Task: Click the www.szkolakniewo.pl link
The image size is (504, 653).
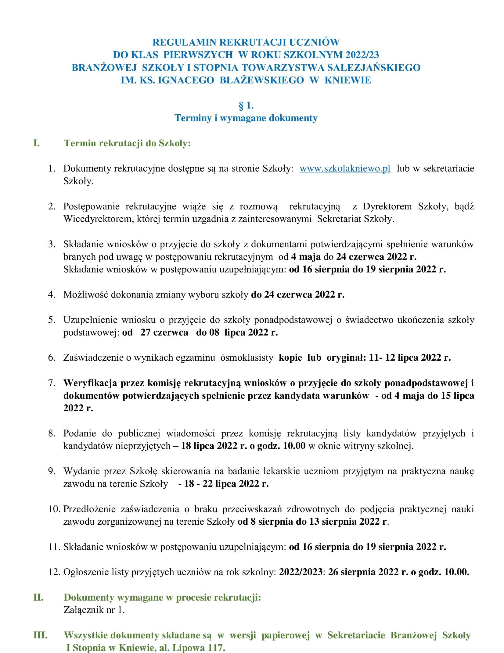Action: point(345,169)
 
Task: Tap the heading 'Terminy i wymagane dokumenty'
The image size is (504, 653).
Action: point(246,118)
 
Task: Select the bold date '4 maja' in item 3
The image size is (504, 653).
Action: point(306,257)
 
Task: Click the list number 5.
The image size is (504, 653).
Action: point(52,320)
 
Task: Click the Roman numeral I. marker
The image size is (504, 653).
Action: point(36,143)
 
